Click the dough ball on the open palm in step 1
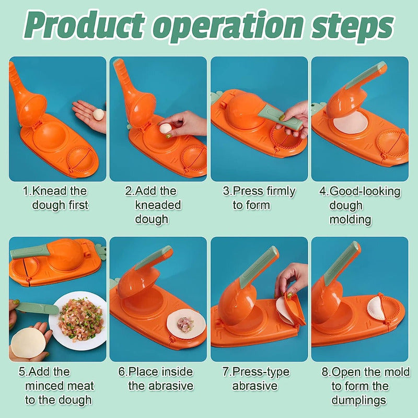pos(98,114)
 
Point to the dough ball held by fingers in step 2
pos(165,129)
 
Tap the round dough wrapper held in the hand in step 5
pos(28,343)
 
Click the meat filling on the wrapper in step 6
pos(185,324)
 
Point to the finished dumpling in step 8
pos(375,309)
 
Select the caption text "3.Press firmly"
pos(259,191)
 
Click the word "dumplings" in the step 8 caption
pos(359,400)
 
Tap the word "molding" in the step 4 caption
pos(350,219)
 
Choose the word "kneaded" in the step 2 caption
pos(158,205)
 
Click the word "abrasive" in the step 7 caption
pos(255,386)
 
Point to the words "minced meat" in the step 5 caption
pos(60,386)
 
